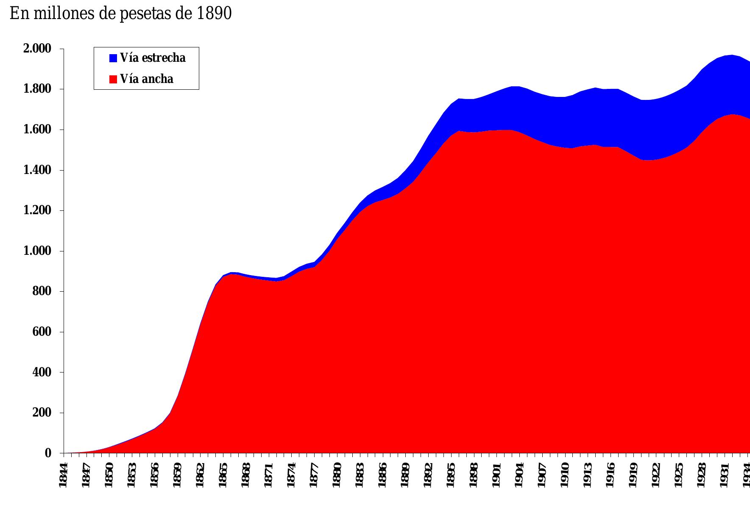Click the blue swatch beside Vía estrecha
(113, 58)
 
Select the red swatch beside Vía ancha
(113, 79)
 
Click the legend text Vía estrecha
(153, 58)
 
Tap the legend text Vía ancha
(146, 79)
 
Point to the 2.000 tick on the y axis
(36, 49)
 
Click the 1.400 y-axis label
(36, 170)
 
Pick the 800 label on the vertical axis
(42, 291)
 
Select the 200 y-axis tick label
(42, 413)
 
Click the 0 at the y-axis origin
(48, 453)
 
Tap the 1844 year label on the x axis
(64, 475)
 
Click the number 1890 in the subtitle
(214, 14)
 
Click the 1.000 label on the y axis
(36, 251)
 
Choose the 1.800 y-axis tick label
(36, 89)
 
